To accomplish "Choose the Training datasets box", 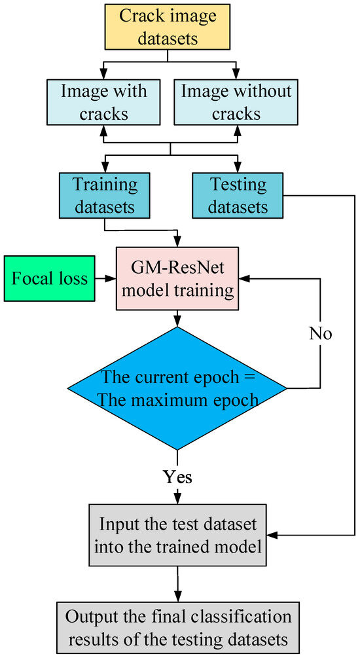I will coord(105,195).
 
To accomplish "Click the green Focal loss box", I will coord(50,278).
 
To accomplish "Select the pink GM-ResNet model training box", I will coord(177,278).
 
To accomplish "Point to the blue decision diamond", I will coord(177,388).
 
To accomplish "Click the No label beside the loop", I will coord(321,334).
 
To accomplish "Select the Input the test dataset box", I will coord(178,535).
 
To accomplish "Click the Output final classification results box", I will coord(178,627).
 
